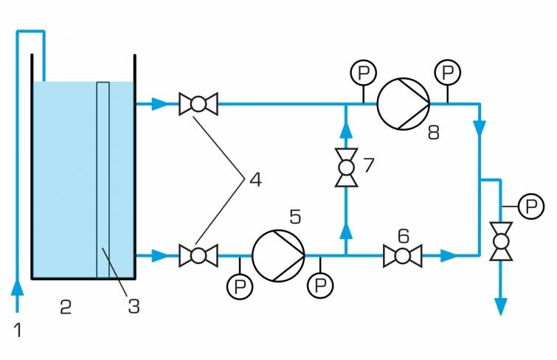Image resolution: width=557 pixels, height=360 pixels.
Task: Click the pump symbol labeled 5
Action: (278, 256)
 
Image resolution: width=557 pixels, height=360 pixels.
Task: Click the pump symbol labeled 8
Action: (403, 104)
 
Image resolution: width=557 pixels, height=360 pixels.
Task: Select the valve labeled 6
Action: (402, 257)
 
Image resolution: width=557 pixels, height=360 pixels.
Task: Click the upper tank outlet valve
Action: (198, 104)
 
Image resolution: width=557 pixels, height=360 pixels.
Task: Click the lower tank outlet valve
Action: (198, 256)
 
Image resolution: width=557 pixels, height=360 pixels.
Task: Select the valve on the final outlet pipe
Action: (501, 242)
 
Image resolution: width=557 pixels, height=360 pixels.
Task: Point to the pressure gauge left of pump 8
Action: (363, 72)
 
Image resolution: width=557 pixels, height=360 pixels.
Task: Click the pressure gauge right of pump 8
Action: (447, 72)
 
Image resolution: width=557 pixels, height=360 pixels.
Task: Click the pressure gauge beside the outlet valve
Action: (530, 206)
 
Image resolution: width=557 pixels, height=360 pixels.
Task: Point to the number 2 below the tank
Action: (65, 308)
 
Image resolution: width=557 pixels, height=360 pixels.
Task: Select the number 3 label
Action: (134, 305)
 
